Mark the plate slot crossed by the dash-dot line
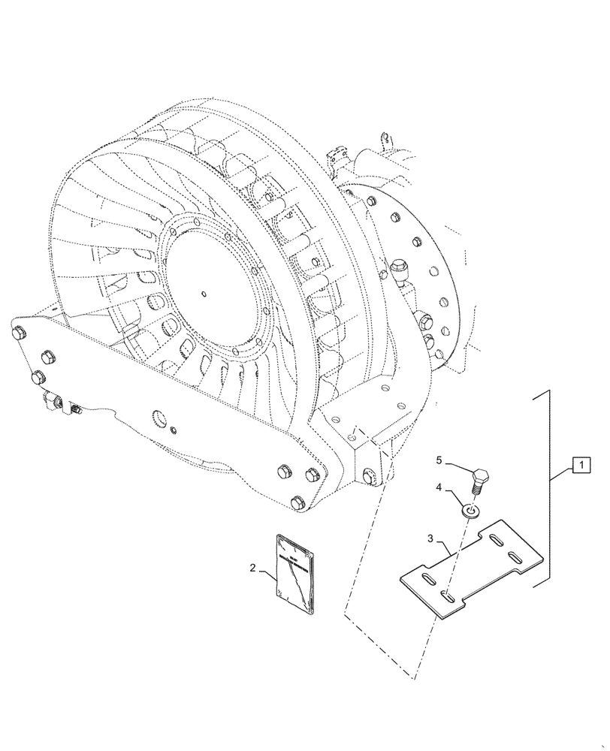click(448, 596)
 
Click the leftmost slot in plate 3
click(426, 578)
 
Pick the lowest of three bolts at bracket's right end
click(299, 502)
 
